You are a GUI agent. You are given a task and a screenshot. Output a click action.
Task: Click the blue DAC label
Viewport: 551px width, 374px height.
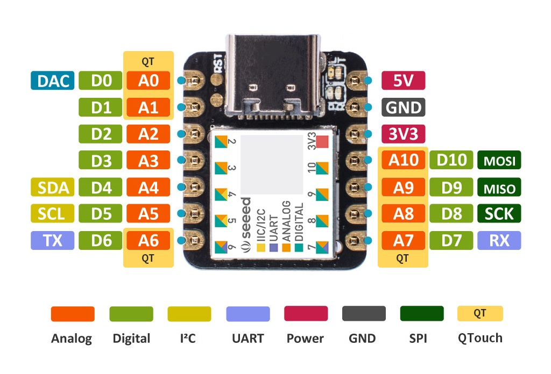coord(52,81)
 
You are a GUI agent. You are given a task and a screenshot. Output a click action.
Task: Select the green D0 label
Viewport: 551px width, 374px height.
coord(101,81)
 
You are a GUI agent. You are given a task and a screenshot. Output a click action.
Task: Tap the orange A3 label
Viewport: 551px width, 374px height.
coord(149,160)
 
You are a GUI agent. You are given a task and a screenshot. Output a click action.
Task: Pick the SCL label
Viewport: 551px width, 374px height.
coord(52,213)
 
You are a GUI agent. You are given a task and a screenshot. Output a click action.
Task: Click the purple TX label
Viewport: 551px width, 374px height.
coord(52,240)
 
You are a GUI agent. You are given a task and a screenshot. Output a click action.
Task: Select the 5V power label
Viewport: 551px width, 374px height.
coord(403,81)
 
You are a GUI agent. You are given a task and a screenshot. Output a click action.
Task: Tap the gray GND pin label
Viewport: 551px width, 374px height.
coord(404,107)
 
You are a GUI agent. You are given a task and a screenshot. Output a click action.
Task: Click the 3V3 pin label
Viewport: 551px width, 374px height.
coord(404,134)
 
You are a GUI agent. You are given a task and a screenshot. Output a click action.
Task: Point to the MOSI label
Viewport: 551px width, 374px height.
coord(499,160)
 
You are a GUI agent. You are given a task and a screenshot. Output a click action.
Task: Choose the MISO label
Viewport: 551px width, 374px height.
coord(499,187)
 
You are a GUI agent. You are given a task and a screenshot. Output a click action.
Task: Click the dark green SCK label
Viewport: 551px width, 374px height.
coord(499,213)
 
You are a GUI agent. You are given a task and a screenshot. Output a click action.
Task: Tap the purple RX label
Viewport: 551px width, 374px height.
coord(499,240)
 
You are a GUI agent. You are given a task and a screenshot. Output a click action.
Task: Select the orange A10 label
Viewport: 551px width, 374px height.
coord(404,160)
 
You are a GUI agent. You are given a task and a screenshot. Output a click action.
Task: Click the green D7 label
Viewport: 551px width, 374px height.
coord(451,240)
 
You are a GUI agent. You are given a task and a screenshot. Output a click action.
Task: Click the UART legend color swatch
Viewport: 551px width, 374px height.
coord(248,314)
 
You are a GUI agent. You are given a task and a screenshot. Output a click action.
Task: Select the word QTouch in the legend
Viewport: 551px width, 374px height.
coord(480,338)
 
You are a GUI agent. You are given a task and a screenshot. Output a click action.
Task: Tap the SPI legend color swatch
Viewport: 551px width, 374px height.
coord(422,314)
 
